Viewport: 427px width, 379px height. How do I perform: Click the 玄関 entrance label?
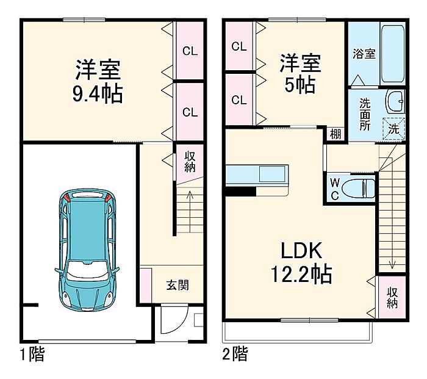point(178,285)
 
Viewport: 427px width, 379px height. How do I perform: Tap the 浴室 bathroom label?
point(364,54)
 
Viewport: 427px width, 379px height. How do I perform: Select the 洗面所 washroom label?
point(365,115)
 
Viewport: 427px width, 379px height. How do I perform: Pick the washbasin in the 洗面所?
point(395,101)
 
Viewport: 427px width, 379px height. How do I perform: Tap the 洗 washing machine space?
point(394,129)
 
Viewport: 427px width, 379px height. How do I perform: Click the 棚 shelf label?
point(335,134)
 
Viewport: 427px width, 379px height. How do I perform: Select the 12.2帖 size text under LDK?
point(301,274)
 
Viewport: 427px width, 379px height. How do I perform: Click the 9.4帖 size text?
point(98,93)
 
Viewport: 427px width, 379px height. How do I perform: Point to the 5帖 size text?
point(300,84)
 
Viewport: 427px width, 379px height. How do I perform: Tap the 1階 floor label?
point(32,353)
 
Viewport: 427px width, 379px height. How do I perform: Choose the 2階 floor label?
point(235,353)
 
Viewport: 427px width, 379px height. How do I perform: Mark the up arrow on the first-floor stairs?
point(190,212)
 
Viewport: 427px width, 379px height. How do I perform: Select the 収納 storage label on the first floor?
point(190,162)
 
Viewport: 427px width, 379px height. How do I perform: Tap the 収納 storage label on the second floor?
point(392,298)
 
